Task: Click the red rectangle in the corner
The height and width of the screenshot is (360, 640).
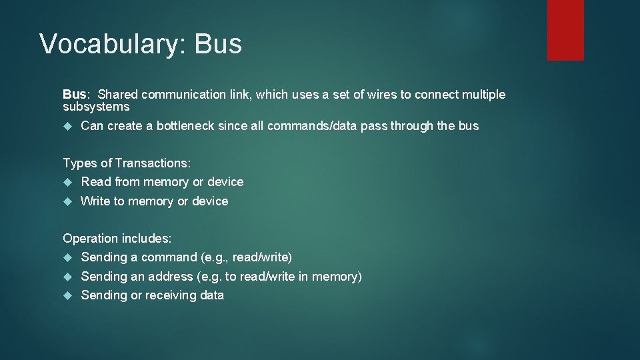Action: [565, 29]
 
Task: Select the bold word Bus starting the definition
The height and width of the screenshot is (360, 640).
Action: [75, 95]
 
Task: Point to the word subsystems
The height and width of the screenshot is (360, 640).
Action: [96, 107]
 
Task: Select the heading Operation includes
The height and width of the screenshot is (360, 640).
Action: [117, 238]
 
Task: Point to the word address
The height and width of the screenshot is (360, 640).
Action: [171, 276]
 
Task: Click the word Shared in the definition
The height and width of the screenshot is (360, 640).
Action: [118, 95]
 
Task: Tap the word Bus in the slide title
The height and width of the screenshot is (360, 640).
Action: [218, 44]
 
